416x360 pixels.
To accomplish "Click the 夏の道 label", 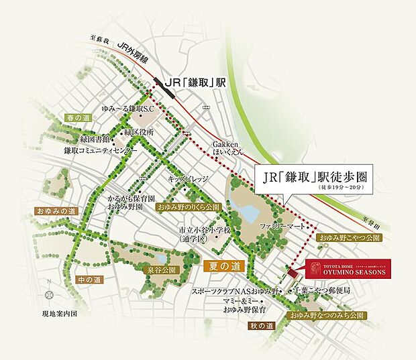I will pos(221,266).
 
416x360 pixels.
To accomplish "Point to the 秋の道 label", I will pos(262,326).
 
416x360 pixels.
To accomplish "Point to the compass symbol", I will pos(48,294).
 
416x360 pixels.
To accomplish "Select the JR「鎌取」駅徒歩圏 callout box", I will pos(315,180).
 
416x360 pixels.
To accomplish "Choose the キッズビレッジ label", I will pos(189,180).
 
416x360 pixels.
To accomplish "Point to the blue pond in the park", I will pos(249,213).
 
